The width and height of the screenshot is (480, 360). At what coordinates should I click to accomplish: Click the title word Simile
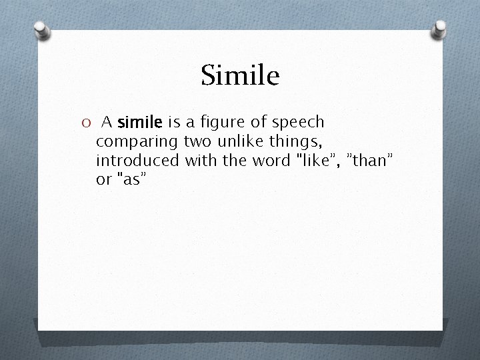240,76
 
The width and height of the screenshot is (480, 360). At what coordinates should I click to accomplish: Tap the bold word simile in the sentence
140,123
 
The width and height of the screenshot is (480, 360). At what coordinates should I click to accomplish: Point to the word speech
297,123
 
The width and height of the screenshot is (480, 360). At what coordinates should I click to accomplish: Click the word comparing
137,142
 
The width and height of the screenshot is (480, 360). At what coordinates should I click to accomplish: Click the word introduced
137,161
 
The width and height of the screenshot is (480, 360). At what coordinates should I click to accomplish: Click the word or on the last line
104,180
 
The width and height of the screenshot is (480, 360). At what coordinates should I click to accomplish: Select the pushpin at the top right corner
441,28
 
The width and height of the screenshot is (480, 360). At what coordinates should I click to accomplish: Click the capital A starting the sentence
107,123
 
